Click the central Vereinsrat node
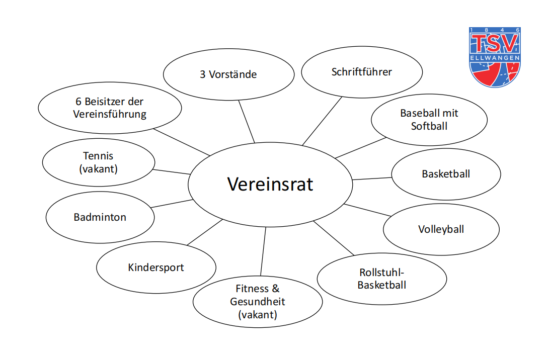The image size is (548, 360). pyautogui.click(x=270, y=184)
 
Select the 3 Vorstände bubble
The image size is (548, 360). pyautogui.click(x=228, y=74)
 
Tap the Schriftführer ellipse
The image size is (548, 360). pyautogui.click(x=361, y=72)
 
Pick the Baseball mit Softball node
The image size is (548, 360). pyautogui.click(x=429, y=120)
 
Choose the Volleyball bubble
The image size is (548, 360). pyautogui.click(x=441, y=229)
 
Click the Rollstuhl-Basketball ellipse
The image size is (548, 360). pyautogui.click(x=382, y=279)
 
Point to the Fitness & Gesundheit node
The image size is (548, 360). pyautogui.click(x=257, y=302)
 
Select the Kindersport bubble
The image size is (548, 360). pyautogui.click(x=156, y=267)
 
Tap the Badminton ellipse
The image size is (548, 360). pyautogui.click(x=100, y=217)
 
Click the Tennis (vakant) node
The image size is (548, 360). pyautogui.click(x=99, y=162)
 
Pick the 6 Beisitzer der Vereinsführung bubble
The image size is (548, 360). pyautogui.click(x=110, y=108)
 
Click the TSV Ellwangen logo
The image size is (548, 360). pyautogui.click(x=495, y=56)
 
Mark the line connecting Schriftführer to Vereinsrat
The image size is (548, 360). pyautogui.click(x=322, y=121)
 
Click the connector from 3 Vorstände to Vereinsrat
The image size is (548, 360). pyautogui.click(x=246, y=121)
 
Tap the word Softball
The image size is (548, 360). pyautogui.click(x=429, y=126)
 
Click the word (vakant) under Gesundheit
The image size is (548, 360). pyautogui.click(x=257, y=315)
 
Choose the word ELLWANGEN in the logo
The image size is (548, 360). pyautogui.click(x=495, y=57)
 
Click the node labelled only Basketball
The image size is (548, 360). pyautogui.click(x=446, y=174)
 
